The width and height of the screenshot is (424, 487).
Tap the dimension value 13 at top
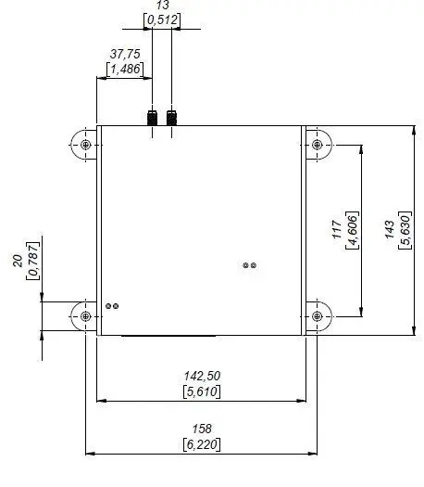pos(162,6)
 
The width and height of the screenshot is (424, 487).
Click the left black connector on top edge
pos(153,118)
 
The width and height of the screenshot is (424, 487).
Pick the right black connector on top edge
pos(172,118)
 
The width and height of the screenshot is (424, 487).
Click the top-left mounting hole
pos(86,147)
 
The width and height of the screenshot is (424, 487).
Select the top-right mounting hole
pos(318,147)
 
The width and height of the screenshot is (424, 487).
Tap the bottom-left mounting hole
pos(86,316)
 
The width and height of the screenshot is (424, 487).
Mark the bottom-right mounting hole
pos(318,316)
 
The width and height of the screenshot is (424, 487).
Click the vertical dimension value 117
pos(338,230)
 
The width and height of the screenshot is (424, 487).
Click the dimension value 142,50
pos(202,376)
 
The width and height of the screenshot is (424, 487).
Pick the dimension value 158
pos(202,429)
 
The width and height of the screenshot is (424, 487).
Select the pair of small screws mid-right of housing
pos(249,265)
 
